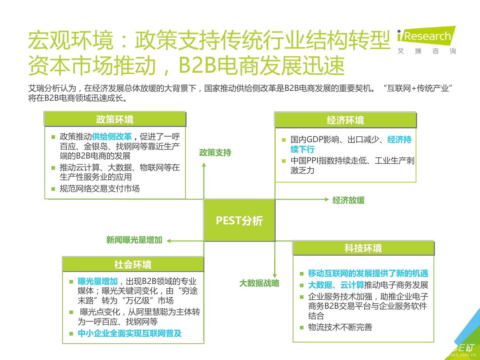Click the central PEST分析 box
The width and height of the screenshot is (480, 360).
coord(239,220)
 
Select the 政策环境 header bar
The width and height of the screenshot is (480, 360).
coord(115,119)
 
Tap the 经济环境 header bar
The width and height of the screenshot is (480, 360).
coord(345,120)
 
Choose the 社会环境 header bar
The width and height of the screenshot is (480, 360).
coord(133,264)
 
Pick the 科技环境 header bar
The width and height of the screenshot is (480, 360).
coord(363,248)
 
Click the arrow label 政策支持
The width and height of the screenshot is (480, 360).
coord(215,153)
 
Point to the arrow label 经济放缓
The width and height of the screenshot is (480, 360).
coord(348,200)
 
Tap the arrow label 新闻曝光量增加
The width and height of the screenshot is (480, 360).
coord(134,240)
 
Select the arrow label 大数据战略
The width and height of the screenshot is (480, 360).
coord(259,283)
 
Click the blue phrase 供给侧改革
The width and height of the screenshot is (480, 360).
coord(112,136)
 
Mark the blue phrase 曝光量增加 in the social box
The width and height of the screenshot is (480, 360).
coord(97,281)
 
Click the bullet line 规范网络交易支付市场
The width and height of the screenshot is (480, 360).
coord(100,188)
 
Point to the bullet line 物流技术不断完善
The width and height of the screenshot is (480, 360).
coord(340,327)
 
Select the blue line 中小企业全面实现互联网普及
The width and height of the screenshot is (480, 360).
coord(129,333)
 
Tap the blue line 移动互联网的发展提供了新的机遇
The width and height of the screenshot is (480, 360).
coord(368,273)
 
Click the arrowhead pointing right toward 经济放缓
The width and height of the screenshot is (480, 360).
coord(327,199)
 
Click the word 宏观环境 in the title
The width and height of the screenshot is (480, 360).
coord(71,40)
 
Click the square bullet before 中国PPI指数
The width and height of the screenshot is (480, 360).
coord(284,161)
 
